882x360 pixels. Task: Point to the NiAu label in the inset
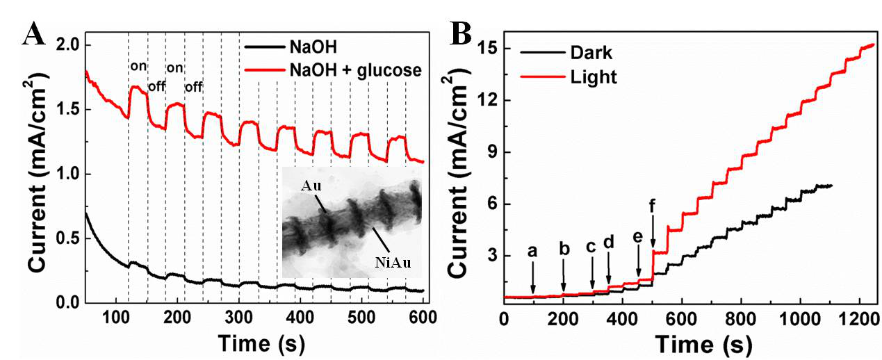(x=390, y=261)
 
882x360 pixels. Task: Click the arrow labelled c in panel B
(x=591, y=278)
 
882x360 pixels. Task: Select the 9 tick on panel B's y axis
(x=489, y=152)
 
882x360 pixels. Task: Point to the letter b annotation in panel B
(x=564, y=248)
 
